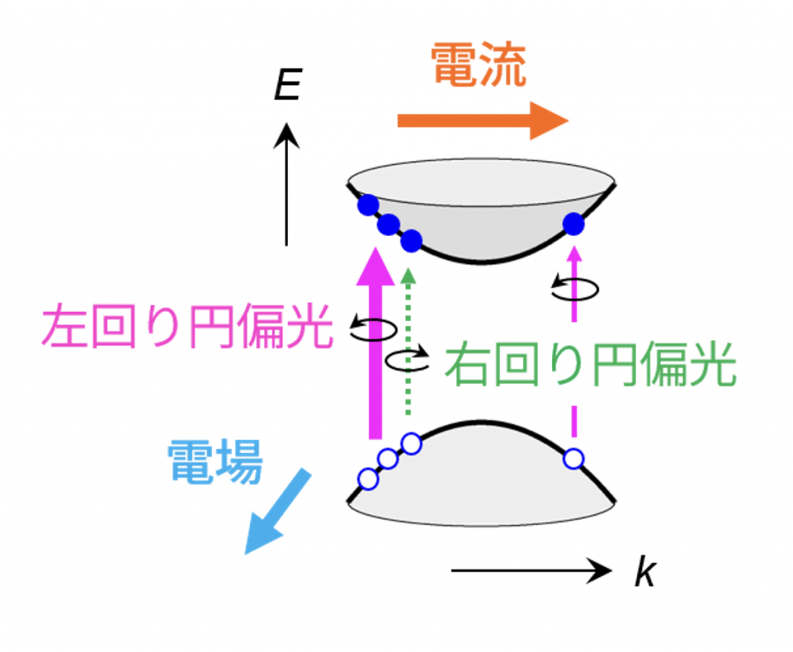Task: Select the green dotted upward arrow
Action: coord(409,341)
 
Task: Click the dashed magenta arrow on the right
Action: coord(574,348)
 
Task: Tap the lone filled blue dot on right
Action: coord(573,224)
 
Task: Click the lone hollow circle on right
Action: coord(573,458)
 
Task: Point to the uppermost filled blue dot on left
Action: coord(368,204)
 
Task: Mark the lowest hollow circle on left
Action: coord(369,479)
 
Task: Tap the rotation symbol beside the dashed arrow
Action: coord(574,289)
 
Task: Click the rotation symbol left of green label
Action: coord(407,360)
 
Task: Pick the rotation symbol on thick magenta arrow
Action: coord(373,328)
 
